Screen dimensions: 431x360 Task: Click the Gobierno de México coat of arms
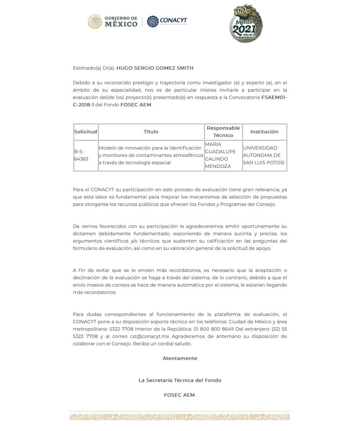tap(95, 21)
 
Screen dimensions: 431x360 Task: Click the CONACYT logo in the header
tap(168, 21)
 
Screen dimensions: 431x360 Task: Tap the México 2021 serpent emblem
tap(245, 24)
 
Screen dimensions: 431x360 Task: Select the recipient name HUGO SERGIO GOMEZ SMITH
tap(155, 68)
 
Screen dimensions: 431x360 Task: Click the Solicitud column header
tap(85, 132)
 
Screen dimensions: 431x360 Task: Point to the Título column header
tap(151, 132)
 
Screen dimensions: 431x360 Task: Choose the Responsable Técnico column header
tap(223, 132)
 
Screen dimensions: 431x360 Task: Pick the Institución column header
tap(264, 132)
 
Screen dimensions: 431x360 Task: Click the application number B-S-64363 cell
tap(81, 155)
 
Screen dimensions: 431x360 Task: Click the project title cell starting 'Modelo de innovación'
tap(150, 155)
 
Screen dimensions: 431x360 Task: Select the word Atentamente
tap(180, 358)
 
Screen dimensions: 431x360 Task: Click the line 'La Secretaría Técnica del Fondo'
tap(180, 380)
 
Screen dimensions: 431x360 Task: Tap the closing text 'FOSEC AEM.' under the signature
tap(180, 395)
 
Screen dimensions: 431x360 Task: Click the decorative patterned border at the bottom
tap(180, 417)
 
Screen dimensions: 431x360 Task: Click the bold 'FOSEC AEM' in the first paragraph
tap(135, 105)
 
